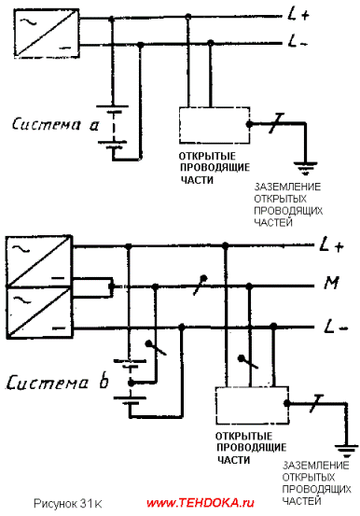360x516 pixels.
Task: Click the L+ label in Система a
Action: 298,15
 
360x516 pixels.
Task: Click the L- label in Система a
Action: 298,42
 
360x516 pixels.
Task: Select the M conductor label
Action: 331,283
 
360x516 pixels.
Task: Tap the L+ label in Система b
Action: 332,245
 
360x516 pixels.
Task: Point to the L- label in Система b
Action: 336,327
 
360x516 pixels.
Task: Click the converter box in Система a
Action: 47,34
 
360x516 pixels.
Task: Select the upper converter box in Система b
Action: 39,261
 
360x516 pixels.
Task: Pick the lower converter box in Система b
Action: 39,313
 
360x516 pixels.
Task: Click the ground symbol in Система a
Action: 306,167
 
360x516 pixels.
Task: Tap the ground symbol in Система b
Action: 347,451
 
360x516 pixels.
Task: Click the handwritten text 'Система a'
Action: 55,125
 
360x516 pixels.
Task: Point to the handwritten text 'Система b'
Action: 57,383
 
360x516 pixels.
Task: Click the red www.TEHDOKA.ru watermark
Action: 201,503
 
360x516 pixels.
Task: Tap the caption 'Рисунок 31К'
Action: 68,504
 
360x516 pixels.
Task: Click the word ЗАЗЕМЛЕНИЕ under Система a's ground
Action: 287,187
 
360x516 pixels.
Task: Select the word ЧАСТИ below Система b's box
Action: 233,460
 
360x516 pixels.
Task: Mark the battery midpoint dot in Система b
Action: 132,384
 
